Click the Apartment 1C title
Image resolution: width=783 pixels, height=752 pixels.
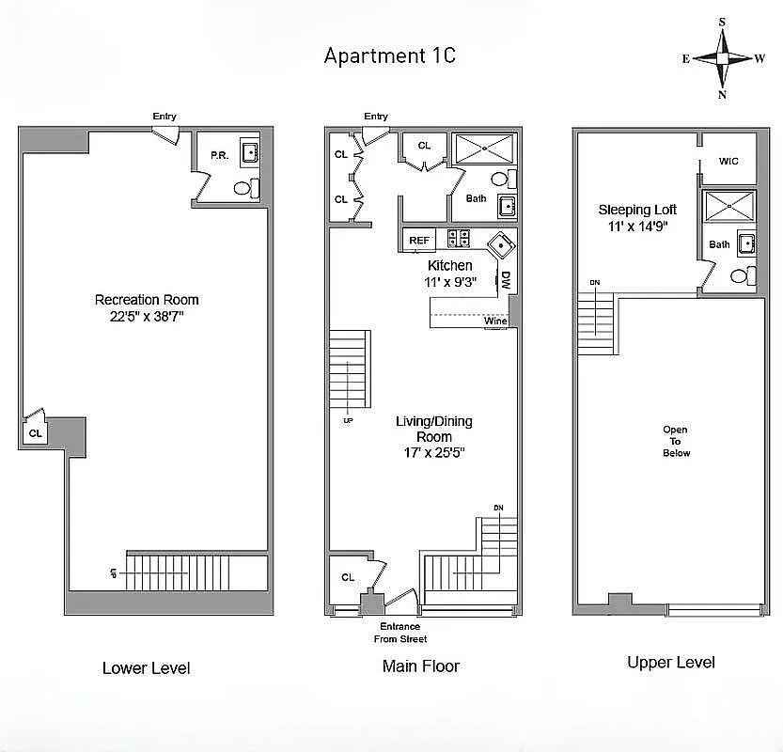pyautogui.click(x=389, y=55)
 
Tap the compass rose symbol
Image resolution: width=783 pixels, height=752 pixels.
pyautogui.click(x=723, y=58)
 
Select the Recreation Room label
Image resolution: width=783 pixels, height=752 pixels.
pyautogui.click(x=147, y=300)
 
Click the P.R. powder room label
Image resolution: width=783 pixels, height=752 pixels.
pyautogui.click(x=218, y=155)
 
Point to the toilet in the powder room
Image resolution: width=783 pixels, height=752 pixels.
pyautogui.click(x=243, y=188)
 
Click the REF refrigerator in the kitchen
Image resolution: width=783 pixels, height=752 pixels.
pyautogui.click(x=419, y=241)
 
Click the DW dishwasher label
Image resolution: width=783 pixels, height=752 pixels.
pyautogui.click(x=505, y=280)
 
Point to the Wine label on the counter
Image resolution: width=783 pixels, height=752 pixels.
pyautogui.click(x=495, y=321)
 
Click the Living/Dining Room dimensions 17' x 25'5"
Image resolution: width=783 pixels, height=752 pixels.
pyautogui.click(x=433, y=452)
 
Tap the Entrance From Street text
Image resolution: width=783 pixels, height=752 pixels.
pyautogui.click(x=399, y=633)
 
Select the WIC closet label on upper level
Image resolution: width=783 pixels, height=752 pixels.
pyautogui.click(x=728, y=162)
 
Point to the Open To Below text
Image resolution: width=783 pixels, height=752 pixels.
pyautogui.click(x=676, y=441)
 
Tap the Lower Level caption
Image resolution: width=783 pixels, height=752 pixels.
pyautogui.click(x=146, y=668)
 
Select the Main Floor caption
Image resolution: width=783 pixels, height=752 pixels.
pyautogui.click(x=420, y=666)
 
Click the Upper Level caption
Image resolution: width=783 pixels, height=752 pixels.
pyautogui.click(x=670, y=663)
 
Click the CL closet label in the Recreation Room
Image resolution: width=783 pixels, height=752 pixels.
pyautogui.click(x=35, y=433)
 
